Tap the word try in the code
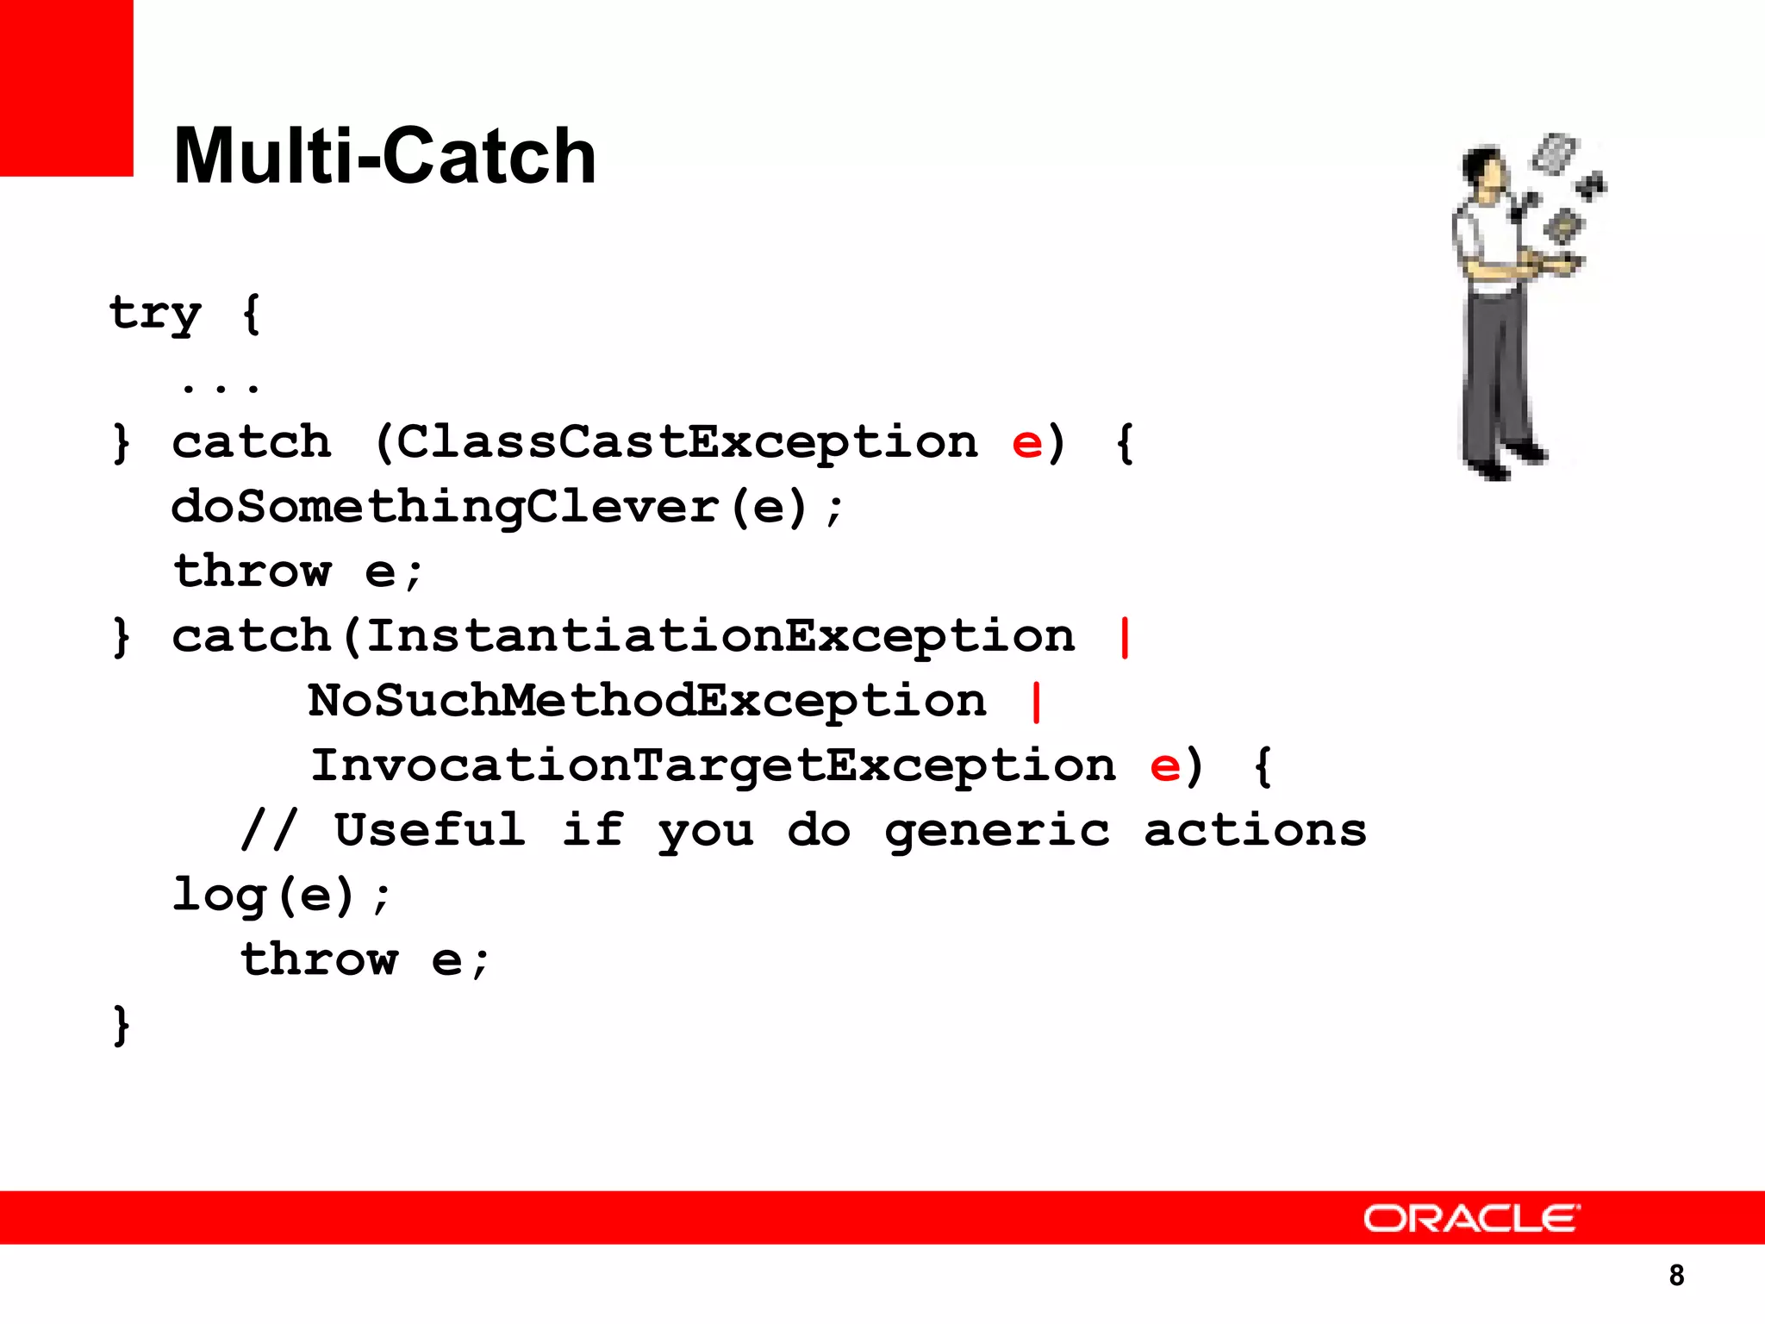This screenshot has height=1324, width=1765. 155,314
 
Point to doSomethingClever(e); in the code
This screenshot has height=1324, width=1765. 507,507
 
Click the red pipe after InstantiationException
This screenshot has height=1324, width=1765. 1124,637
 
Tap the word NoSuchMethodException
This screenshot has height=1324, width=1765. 647,701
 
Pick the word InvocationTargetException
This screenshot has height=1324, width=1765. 713,765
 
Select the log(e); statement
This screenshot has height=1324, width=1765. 281,896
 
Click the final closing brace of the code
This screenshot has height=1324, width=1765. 122,1025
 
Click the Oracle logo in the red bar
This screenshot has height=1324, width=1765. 1471,1219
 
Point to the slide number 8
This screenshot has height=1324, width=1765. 1676,1275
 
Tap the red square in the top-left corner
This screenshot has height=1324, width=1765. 66,87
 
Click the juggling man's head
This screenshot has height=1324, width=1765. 1484,166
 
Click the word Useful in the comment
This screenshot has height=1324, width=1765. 429,830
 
